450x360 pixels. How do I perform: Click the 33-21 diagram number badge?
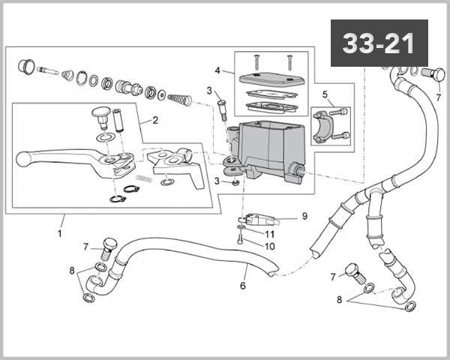click(379, 43)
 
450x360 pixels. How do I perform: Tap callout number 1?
click(59, 233)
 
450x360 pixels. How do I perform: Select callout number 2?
click(154, 119)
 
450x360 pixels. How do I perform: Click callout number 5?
click(325, 94)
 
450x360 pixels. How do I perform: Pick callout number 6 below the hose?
click(242, 286)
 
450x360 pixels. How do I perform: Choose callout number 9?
click(304, 216)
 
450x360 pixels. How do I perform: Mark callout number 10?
click(269, 246)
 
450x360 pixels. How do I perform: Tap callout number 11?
click(269, 234)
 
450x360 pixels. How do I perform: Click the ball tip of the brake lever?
click(23, 158)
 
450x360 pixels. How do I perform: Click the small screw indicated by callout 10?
click(239, 240)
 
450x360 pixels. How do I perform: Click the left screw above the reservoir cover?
click(256, 59)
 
